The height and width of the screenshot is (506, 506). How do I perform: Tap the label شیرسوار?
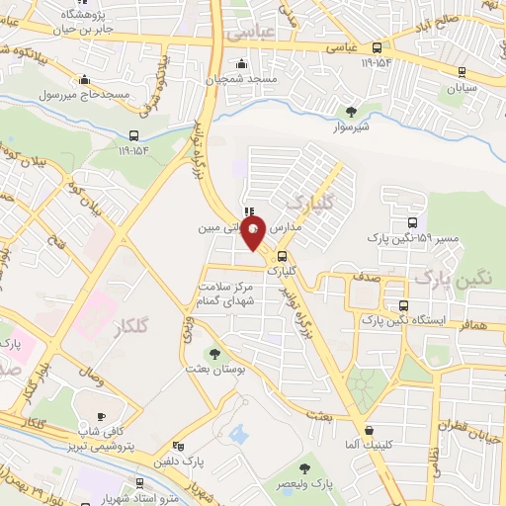(351, 126)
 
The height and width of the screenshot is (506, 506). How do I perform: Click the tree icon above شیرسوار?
(351, 110)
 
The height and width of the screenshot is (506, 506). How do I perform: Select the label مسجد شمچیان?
(249, 77)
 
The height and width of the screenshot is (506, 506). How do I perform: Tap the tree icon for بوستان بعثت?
(214, 352)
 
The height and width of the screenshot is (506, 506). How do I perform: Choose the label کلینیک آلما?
(367, 446)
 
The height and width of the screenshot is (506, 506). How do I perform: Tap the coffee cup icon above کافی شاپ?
(103, 416)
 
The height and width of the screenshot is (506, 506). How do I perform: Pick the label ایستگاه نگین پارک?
(402, 321)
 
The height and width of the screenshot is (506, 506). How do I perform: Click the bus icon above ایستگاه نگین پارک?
(402, 305)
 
